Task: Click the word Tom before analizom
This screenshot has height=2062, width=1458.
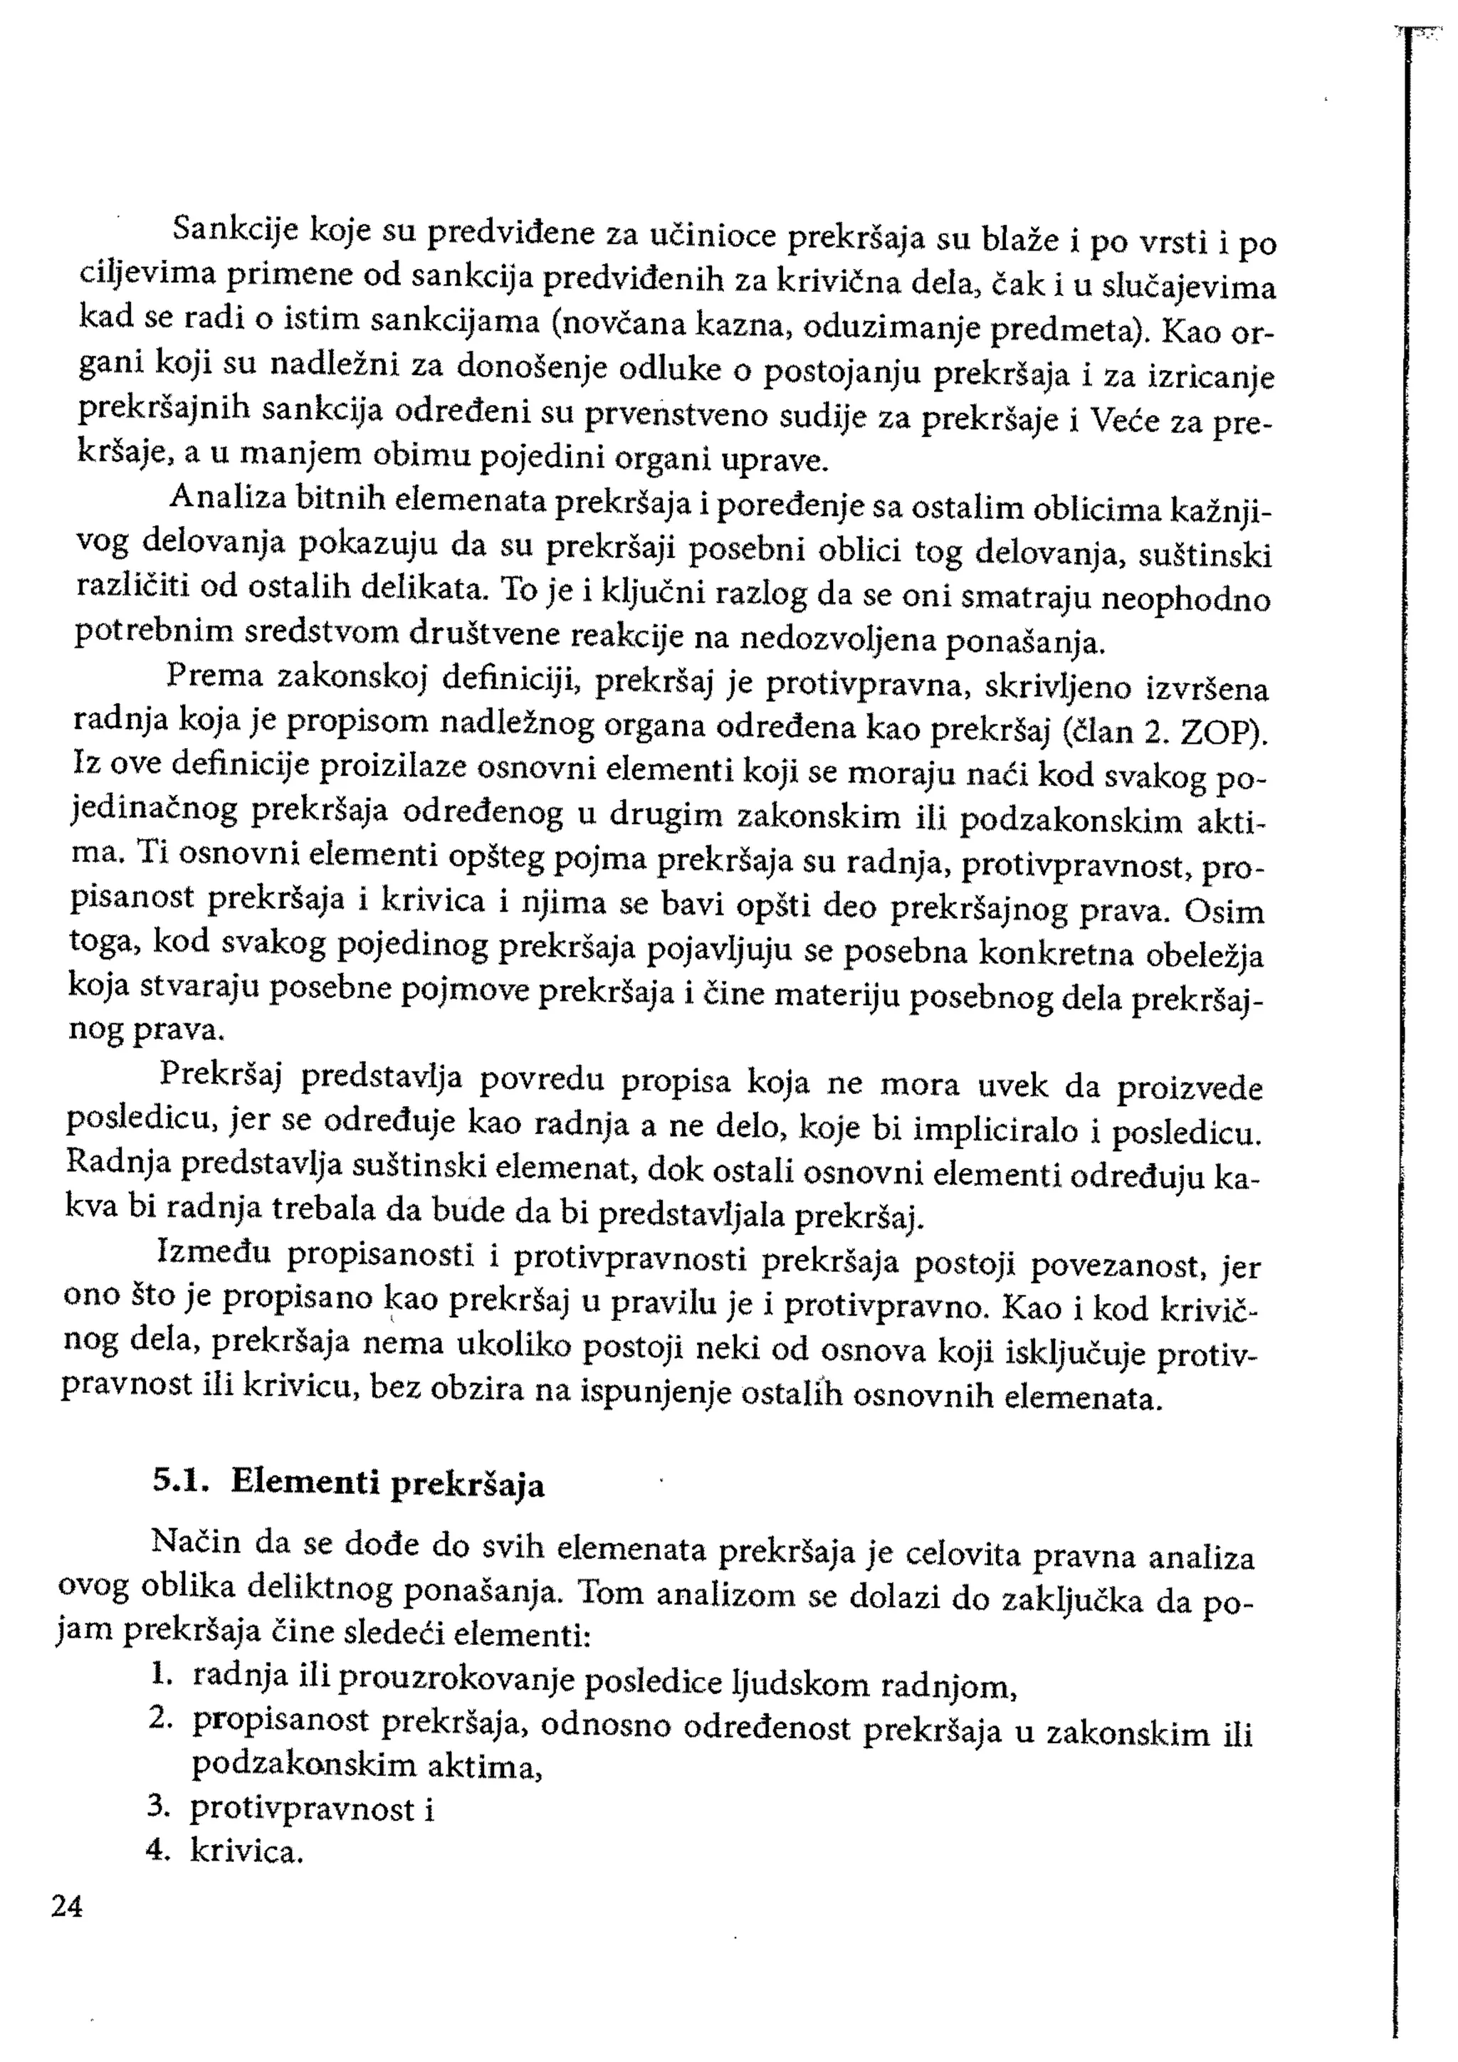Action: pyautogui.click(x=612, y=1593)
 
